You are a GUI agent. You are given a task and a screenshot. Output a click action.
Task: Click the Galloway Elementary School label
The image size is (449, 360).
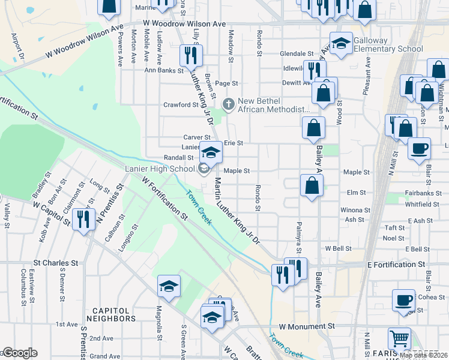pos(388,44)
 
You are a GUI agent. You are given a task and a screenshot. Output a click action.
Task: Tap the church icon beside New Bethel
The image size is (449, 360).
pos(228,104)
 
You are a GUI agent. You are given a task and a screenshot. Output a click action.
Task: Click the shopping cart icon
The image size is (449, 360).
pos(399,340)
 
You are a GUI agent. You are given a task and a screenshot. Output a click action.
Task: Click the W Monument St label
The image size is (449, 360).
pos(306,326)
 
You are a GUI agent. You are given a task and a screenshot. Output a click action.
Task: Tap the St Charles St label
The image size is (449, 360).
pos(56,263)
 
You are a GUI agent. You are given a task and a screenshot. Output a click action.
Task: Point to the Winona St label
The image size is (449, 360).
pos(355,210)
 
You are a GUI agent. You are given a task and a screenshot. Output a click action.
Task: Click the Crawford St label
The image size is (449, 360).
pos(181,105)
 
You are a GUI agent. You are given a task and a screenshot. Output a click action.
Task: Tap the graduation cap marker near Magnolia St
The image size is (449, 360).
pos(169,286)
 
